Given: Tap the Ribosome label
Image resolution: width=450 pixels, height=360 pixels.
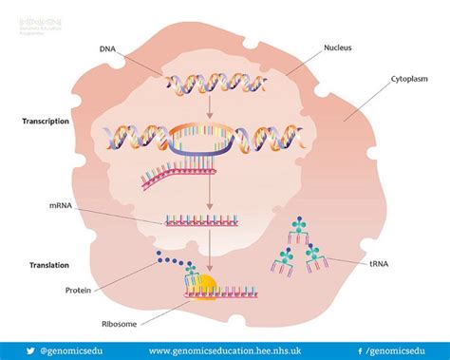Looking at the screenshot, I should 83,323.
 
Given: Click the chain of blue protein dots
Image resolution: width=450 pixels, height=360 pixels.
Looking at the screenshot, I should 167,263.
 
